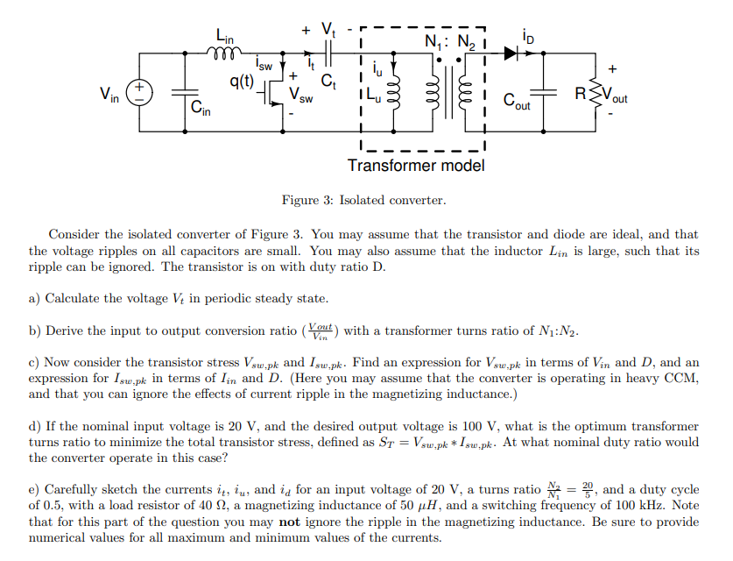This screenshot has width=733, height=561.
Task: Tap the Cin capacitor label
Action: pyautogui.click(x=201, y=109)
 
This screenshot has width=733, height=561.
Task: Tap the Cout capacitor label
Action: pyautogui.click(x=516, y=103)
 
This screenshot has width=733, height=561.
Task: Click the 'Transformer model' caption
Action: pyautogui.click(x=416, y=166)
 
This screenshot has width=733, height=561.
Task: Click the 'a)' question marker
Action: pyautogui.click(x=35, y=298)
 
